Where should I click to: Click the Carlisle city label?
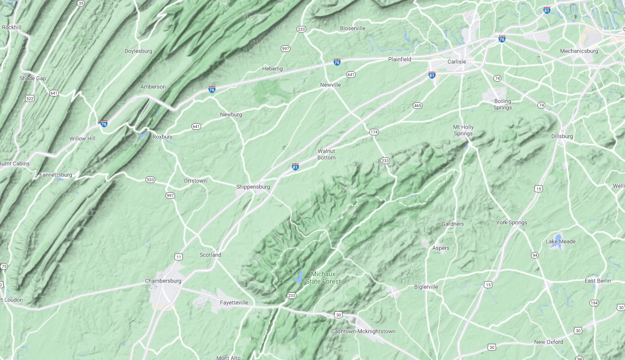[456, 62]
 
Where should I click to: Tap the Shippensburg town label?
[253, 187]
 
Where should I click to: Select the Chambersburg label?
[163, 281]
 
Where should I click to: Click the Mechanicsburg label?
[579, 51]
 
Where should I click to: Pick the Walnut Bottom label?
[326, 154]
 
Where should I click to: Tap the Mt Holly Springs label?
[463, 130]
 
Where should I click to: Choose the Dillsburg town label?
[562, 136]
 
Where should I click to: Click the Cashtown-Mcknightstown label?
[363, 331]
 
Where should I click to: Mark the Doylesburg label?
[138, 51]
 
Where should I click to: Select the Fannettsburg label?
[56, 175]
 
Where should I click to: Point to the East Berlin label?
[598, 281]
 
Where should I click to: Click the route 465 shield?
[417, 106]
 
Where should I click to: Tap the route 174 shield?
[374, 132]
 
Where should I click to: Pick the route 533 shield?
[150, 179]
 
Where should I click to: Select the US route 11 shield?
[179, 256]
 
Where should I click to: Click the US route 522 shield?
[30, 98]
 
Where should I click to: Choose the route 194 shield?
[594, 303]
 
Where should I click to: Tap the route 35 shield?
[81, 3]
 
